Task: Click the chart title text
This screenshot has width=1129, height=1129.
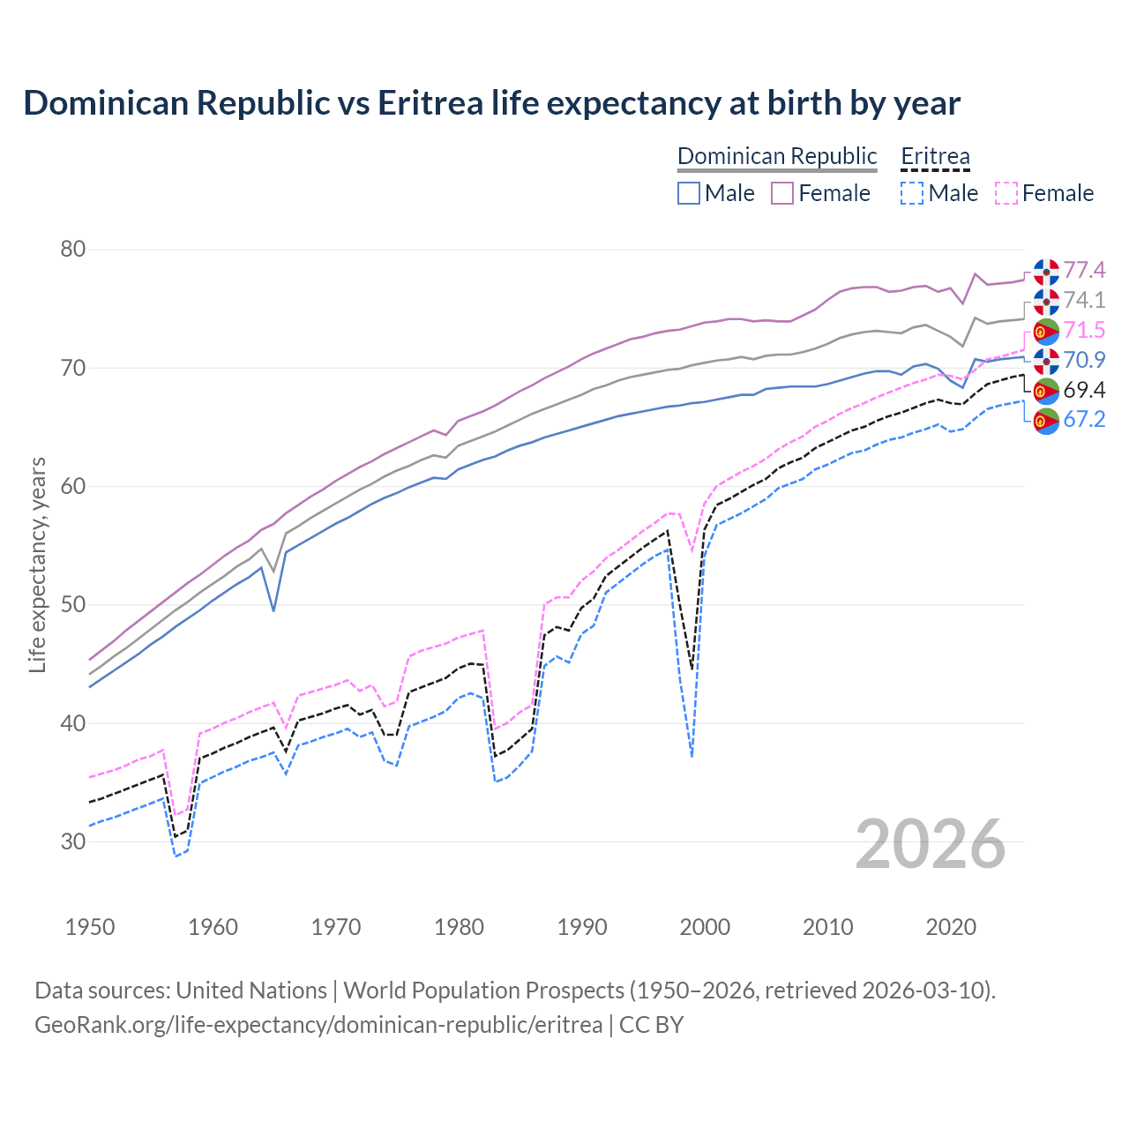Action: coord(491,103)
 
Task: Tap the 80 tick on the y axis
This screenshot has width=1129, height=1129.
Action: coord(73,250)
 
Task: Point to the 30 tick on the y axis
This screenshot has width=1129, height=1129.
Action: coord(73,841)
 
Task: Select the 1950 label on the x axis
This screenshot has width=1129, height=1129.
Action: coord(90,927)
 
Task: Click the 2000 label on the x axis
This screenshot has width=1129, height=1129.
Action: coord(705,927)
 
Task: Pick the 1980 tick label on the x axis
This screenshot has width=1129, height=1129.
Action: coord(459,927)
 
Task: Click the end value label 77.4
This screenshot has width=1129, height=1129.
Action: coord(1084,270)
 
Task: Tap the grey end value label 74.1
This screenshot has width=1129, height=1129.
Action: coord(1084,300)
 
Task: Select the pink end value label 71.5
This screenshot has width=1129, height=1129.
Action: coord(1084,330)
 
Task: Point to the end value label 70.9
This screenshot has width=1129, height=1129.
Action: coord(1084,360)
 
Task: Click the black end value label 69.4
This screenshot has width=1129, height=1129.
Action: coord(1084,390)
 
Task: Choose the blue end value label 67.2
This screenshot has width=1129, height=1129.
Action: coord(1084,419)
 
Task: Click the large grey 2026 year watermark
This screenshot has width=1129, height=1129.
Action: coord(931,844)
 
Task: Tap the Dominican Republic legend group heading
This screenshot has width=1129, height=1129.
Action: coord(777,156)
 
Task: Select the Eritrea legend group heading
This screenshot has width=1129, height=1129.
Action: coord(935,156)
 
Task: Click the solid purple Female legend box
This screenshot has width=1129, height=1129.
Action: coord(782,193)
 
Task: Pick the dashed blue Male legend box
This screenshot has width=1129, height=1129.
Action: coord(912,193)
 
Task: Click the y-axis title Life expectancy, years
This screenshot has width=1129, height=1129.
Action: coord(38,564)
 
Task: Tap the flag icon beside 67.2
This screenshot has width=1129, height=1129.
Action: coord(1046,421)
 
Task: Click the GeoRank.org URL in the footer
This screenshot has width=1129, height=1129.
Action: coord(318,1025)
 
